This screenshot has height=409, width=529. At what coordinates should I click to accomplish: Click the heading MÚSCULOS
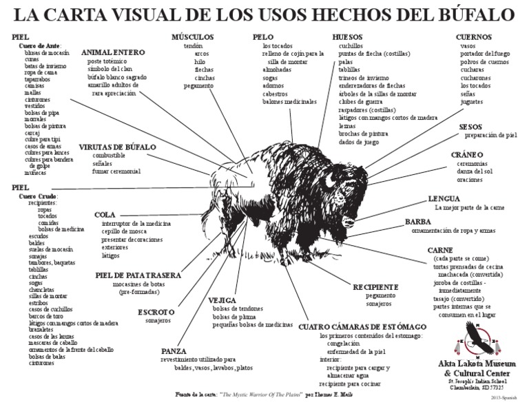(193, 36)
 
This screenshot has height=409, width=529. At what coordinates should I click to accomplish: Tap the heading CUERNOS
(474, 36)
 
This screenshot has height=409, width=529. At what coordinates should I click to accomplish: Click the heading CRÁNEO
(467, 154)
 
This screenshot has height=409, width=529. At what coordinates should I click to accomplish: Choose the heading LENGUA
(444, 198)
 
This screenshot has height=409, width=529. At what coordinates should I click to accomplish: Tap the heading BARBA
(418, 222)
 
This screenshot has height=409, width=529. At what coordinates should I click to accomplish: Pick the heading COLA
(105, 215)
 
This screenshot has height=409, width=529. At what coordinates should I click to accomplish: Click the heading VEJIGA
(222, 300)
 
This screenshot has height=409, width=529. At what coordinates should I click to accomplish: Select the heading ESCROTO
(156, 312)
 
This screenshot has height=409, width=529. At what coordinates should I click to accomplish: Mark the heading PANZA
(174, 350)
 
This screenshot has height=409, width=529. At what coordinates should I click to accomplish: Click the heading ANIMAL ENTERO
(113, 52)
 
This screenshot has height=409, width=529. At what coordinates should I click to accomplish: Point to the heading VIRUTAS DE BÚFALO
(118, 147)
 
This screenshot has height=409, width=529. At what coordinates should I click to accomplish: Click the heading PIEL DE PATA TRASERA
(138, 275)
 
